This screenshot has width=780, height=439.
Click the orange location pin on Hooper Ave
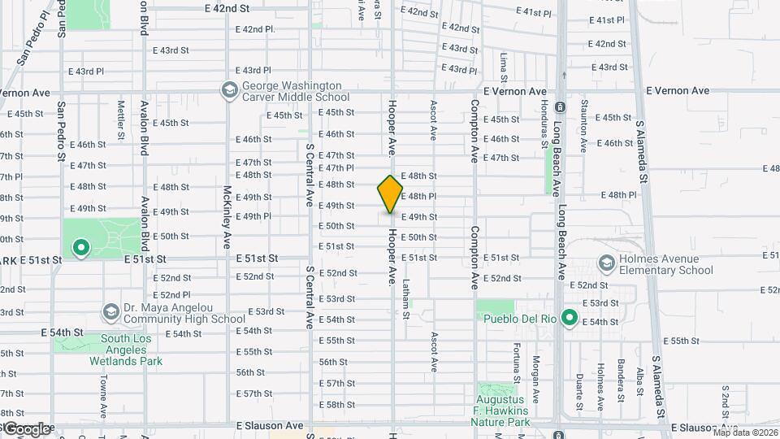tap(390, 194)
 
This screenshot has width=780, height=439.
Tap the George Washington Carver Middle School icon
tap(230, 89)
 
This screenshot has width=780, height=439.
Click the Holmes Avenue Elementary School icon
tap(605, 263)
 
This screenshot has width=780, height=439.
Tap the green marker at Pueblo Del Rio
tap(570, 318)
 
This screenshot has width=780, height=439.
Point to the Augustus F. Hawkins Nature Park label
tap(504, 411)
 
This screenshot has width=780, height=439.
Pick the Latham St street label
tap(404, 290)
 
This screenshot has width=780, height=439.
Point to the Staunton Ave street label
tap(583, 126)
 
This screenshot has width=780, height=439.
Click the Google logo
tap(26, 429)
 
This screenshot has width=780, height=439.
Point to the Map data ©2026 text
tap(744, 432)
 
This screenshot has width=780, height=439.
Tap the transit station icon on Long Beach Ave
tap(559, 106)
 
